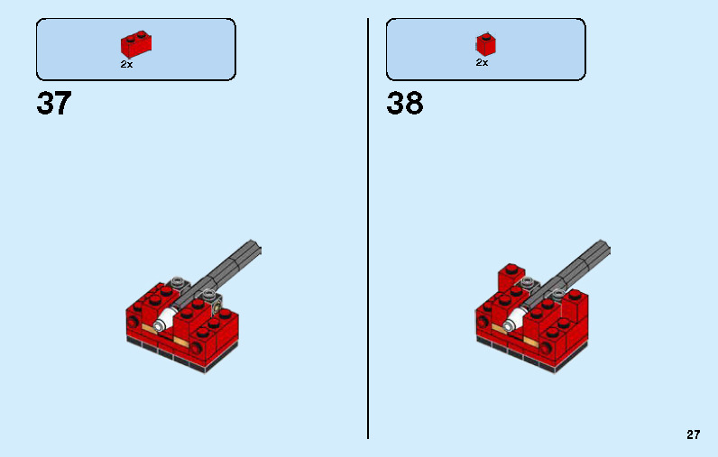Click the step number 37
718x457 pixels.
[x=53, y=104]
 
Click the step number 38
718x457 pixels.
[x=404, y=104]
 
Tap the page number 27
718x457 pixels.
[x=693, y=434]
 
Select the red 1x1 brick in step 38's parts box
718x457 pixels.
[x=486, y=44]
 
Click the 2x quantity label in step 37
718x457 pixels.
[x=126, y=64]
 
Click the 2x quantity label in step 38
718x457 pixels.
[x=482, y=63]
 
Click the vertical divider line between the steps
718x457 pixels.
[x=368, y=225]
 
